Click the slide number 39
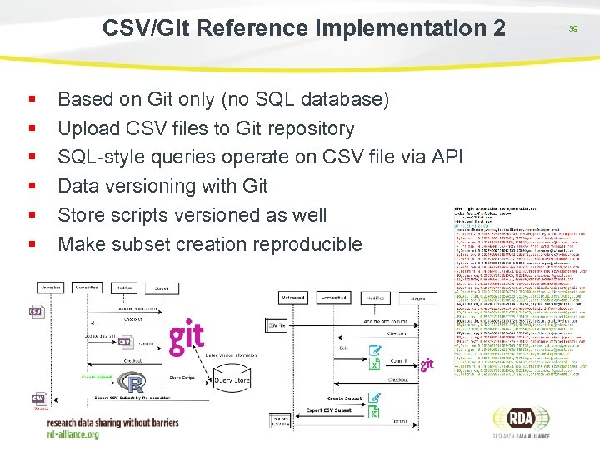[573, 28]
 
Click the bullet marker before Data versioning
[32, 185]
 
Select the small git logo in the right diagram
[427, 364]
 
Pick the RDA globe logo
[522, 420]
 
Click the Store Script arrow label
[182, 377]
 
